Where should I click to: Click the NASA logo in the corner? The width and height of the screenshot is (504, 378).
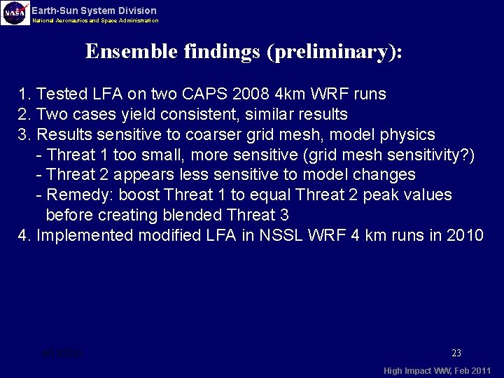15,13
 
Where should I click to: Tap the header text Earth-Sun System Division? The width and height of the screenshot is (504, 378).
94,10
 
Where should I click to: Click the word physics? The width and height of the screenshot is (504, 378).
407,134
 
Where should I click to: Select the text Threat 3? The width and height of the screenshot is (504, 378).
259,216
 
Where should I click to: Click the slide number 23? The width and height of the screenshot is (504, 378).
456,353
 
